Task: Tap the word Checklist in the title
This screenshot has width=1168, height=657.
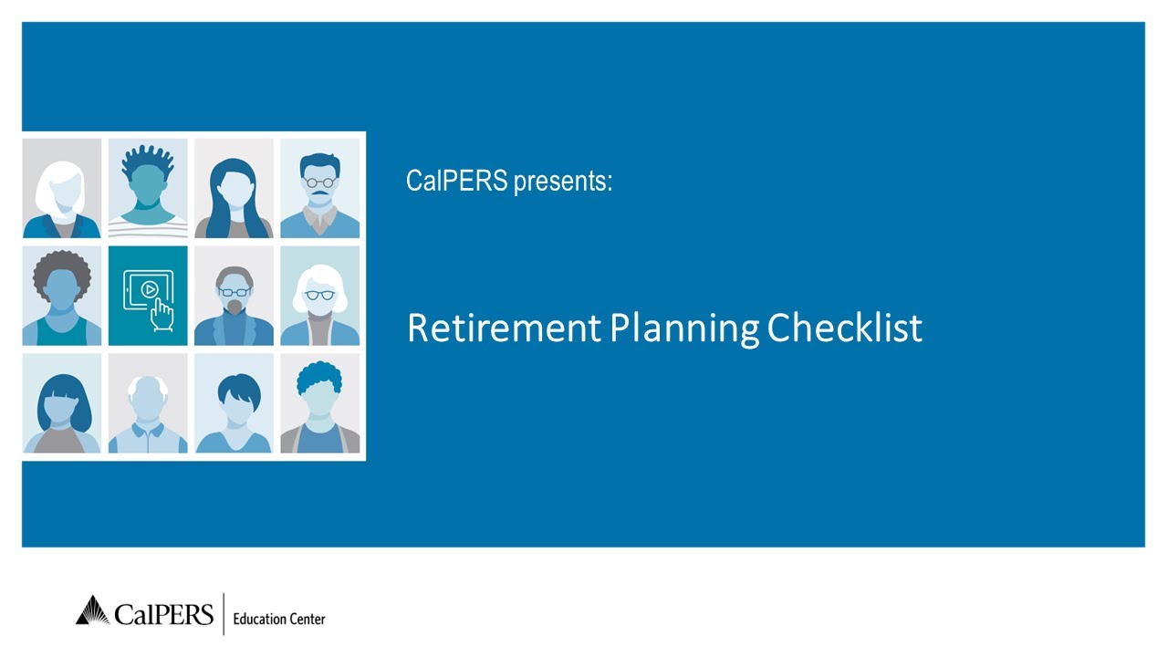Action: pos(844,328)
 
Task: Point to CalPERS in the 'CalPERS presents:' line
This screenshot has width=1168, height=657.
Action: pos(456,181)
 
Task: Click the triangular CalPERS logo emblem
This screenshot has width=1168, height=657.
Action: pos(92,610)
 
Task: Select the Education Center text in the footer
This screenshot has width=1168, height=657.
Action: pos(279,620)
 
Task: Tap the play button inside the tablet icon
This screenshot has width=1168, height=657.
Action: pos(150,289)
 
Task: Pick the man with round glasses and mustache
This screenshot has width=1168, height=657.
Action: pos(319,188)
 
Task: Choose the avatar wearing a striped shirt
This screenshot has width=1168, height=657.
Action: pos(148,188)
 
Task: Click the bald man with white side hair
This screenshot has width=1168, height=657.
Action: pos(148,403)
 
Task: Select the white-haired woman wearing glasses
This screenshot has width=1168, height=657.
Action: pos(319,296)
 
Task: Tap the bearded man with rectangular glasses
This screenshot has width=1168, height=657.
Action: pos(234,296)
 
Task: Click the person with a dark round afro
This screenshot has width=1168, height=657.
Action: pos(62,296)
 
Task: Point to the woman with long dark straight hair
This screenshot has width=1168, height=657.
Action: pos(234,188)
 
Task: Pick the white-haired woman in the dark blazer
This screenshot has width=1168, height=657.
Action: pos(62,188)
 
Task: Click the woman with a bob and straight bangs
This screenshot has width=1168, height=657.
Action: pos(62,403)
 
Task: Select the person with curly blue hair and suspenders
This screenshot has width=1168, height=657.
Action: pos(319,403)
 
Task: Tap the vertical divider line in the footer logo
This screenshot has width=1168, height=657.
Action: pos(224,614)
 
